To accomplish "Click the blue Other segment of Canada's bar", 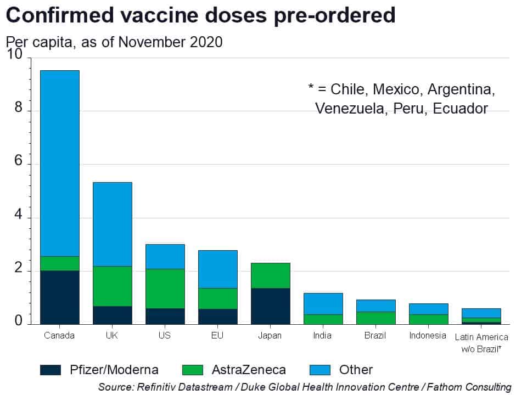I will tap(60, 163).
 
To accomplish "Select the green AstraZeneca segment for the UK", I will tap(113, 286).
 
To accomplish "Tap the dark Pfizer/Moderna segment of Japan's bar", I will tap(270, 306).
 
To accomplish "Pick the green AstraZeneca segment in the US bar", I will tap(165, 288).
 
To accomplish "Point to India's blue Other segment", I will tap(323, 303).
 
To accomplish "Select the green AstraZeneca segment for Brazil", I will tap(375, 318).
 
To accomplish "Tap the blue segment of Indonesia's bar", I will tap(428, 309).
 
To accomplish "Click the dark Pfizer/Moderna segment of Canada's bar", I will tap(60, 297).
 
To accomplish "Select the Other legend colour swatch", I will tap(324, 370).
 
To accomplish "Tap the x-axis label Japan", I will tap(270, 336).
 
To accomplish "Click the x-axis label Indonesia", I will tap(428, 336).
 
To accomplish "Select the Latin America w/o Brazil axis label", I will tap(481, 342).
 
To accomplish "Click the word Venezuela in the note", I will tap(351, 108).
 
